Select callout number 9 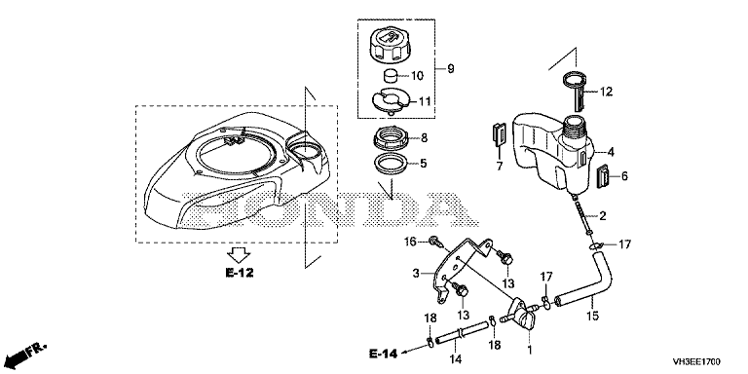450,69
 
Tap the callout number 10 417,75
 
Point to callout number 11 425,101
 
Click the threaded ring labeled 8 391,138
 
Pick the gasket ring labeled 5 391,165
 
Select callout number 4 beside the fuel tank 611,153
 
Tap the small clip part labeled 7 499,133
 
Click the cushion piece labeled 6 605,177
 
